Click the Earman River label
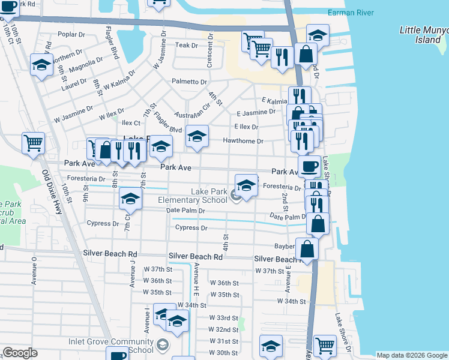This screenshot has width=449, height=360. pos(351,13)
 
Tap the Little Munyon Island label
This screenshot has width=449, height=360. pos(424,35)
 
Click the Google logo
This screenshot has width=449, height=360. pos(20,353)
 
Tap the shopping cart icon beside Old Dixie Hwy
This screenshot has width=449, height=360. pos(33,143)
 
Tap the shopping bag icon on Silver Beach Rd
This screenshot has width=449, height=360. pos(307,248)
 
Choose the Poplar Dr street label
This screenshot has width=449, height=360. pos(73,35)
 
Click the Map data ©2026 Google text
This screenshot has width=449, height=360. pos(412,355)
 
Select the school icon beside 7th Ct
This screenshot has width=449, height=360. pos(130,198)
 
